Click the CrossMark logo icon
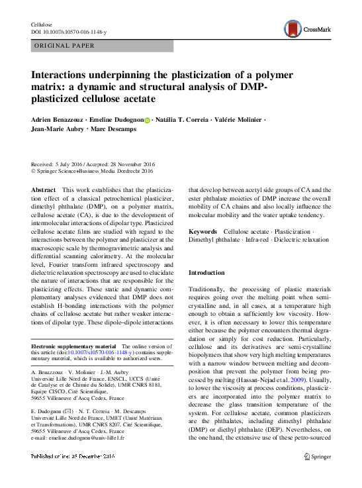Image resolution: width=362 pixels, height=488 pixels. pos(293,28)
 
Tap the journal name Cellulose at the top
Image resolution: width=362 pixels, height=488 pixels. pos(42,24)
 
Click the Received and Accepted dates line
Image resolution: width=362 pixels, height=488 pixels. pos(93,164)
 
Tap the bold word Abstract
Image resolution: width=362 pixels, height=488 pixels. pos(44,189)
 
